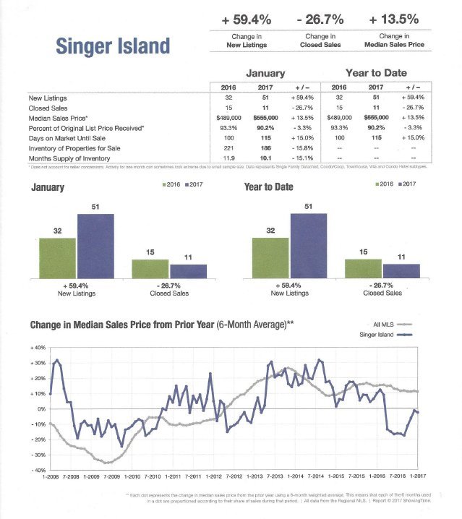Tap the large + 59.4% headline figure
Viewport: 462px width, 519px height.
tap(247, 15)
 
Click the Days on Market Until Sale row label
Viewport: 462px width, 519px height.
tap(67, 137)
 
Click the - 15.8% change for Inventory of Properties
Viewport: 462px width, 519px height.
tap(302, 147)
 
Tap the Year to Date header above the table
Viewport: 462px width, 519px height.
tap(375, 73)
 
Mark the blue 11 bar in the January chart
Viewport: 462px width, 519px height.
tap(188, 271)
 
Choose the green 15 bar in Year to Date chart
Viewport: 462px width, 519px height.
tap(363, 268)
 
